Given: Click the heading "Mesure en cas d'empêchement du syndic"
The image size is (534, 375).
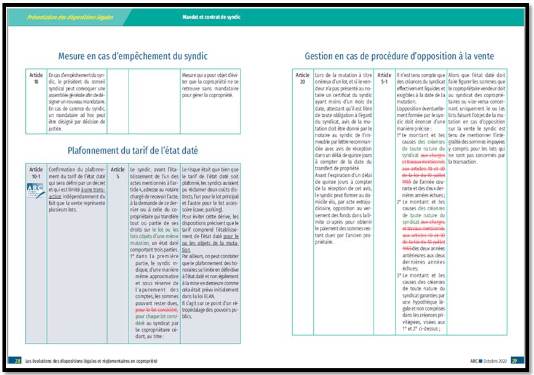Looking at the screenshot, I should point(132,56).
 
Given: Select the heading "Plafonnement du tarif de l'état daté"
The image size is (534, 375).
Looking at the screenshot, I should point(132,151).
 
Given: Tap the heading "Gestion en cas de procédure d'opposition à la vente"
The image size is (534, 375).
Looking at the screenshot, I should point(399,56).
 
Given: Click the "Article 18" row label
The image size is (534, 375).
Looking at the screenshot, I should point(36,78).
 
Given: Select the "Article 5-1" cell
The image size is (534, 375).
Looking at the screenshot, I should point(385,78).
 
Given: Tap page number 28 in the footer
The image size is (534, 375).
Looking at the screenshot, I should point(18,360).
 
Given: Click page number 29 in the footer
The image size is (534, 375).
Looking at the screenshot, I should point(515,360).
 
